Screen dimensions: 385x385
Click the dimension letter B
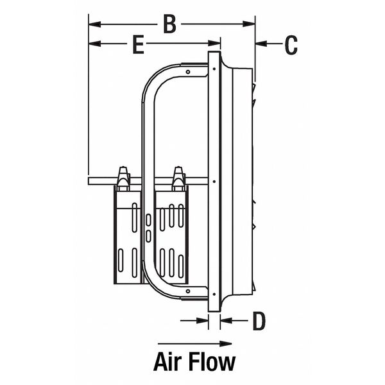[169, 24]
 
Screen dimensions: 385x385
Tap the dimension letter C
[291, 44]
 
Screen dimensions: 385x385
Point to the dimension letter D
[258, 320]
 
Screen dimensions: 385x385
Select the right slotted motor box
[172, 241]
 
